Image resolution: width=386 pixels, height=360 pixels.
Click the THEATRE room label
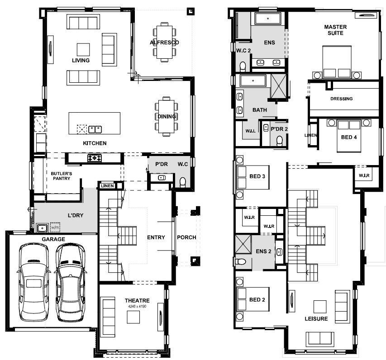click(x=137, y=300)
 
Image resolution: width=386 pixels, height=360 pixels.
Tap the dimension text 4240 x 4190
click(x=137, y=306)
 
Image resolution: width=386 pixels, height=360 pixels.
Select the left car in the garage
click(x=34, y=282)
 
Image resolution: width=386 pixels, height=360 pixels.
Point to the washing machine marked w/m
click(x=55, y=227)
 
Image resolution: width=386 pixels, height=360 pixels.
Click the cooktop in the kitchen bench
click(x=95, y=158)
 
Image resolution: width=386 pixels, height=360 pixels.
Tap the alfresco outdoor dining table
click(x=164, y=43)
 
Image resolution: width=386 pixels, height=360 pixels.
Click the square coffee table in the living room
click(x=83, y=50)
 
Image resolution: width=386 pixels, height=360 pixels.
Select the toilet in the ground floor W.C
click(x=183, y=182)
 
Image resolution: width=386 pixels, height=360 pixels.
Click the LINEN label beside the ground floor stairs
click(x=107, y=186)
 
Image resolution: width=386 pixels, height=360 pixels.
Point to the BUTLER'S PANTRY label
click(x=62, y=176)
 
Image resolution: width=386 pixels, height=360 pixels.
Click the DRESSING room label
click(x=342, y=99)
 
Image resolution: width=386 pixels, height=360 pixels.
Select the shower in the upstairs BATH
click(x=279, y=86)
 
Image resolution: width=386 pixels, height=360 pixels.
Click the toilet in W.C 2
click(x=243, y=66)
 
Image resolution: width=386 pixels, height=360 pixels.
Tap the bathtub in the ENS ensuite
click(x=268, y=19)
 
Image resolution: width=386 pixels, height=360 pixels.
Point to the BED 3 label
click(x=257, y=176)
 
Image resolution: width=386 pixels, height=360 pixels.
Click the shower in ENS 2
click(x=243, y=244)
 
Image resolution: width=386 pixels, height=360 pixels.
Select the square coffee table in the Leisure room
click(x=320, y=307)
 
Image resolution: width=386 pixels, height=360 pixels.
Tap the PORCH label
click(x=186, y=237)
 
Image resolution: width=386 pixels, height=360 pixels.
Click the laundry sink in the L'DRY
click(x=43, y=228)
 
